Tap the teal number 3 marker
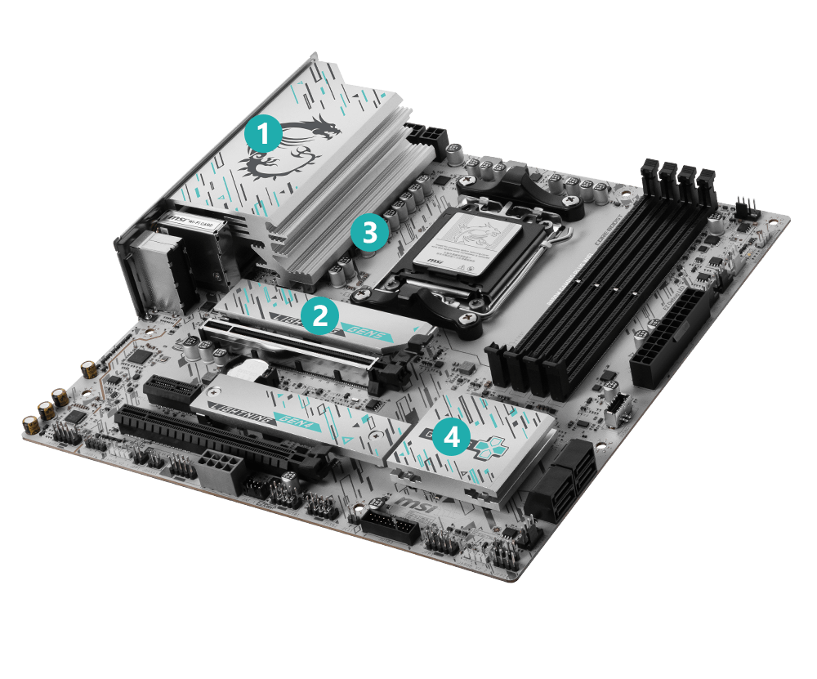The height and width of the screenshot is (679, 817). [369, 233]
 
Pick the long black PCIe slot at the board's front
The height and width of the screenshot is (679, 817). [221, 445]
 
